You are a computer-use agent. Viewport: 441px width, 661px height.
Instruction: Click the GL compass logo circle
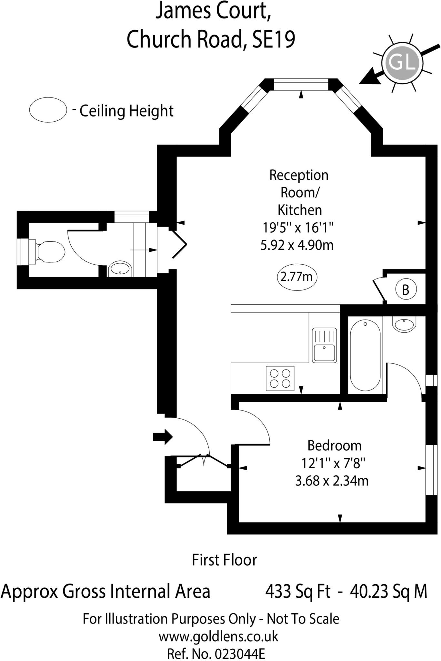point(402,63)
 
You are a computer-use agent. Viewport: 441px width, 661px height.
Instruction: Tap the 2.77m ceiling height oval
point(297,277)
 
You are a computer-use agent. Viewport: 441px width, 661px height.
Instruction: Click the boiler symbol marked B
point(406,290)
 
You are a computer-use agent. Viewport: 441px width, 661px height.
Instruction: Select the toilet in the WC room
point(48,252)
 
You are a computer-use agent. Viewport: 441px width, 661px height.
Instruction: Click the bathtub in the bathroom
point(365,355)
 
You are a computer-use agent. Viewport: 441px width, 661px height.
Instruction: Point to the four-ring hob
point(280,378)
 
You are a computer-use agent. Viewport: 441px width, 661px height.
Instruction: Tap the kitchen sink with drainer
point(324,345)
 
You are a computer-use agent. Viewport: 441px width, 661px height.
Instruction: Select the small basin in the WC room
point(120,269)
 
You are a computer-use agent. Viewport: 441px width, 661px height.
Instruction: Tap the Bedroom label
point(334,446)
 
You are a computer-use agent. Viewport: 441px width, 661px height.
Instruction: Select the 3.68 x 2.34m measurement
point(332,481)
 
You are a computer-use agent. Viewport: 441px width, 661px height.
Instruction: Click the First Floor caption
point(225,560)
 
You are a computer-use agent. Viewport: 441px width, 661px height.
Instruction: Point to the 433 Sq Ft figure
point(298,592)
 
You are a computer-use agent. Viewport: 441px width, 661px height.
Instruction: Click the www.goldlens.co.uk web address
point(218,636)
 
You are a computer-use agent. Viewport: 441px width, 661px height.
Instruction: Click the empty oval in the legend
point(48,110)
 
